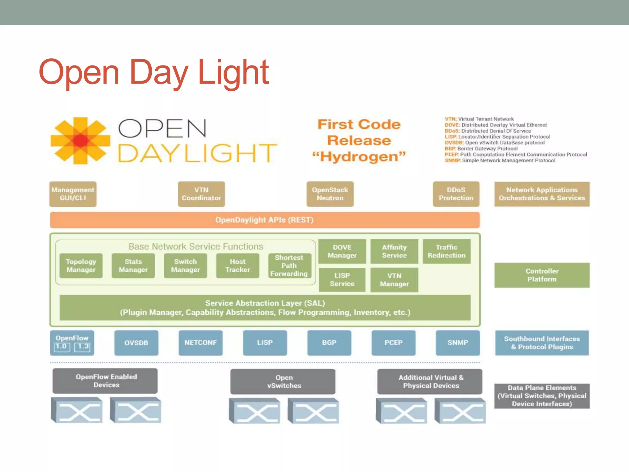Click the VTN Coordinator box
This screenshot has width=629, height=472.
point(201,194)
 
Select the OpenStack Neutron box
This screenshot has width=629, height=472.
point(330,194)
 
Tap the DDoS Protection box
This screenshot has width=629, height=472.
point(456,194)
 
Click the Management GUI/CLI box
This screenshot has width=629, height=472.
point(73,194)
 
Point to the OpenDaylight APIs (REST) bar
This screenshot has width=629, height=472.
point(264,220)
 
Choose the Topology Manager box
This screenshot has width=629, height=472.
point(81,265)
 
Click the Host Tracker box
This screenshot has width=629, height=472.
point(237,265)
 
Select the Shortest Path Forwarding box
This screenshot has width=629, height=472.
point(289,265)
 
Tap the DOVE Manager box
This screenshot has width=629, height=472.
point(342,251)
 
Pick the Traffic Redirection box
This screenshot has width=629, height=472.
point(446,251)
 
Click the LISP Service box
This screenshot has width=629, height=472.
point(342,280)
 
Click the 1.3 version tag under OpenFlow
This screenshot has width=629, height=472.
point(83,347)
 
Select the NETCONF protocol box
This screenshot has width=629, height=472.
point(201,343)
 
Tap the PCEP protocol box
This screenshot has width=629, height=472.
point(393,343)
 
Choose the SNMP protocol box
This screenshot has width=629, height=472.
point(458,343)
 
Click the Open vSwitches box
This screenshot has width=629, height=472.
point(284,381)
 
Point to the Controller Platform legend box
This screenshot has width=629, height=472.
point(542,275)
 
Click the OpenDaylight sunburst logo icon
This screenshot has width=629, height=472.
point(80,141)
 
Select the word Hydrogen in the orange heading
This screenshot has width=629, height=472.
point(359,157)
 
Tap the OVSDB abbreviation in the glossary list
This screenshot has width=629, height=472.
point(454,143)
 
